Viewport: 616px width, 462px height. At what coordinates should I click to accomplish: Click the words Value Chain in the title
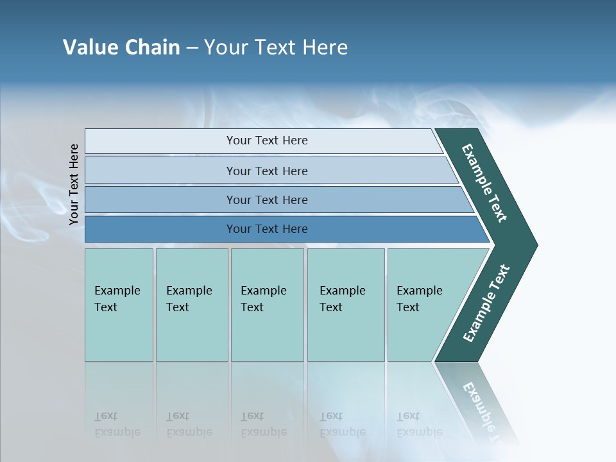coord(121,47)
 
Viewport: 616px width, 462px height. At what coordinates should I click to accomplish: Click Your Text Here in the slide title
coord(276,47)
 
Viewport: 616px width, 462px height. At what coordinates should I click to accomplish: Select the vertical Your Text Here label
coord(74,185)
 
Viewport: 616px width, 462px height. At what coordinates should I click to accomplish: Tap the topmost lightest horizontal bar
coord(266,141)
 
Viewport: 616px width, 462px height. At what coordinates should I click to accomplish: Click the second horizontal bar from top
coord(266,171)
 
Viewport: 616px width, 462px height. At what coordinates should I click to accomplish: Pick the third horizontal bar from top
coord(266,200)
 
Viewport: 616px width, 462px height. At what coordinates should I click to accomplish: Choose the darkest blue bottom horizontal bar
coord(266,229)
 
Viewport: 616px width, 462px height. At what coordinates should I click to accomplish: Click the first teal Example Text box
coord(119,305)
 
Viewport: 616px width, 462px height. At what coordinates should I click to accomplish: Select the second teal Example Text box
coord(191,305)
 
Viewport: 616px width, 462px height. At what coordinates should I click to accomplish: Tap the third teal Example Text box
coord(266,305)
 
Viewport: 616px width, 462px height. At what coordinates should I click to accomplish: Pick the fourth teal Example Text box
coord(345,305)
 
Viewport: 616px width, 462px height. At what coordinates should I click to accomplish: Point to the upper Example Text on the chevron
coord(484,184)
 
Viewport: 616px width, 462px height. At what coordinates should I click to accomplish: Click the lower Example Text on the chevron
coord(486,304)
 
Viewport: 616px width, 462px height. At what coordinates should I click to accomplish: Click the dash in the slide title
coord(192,48)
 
